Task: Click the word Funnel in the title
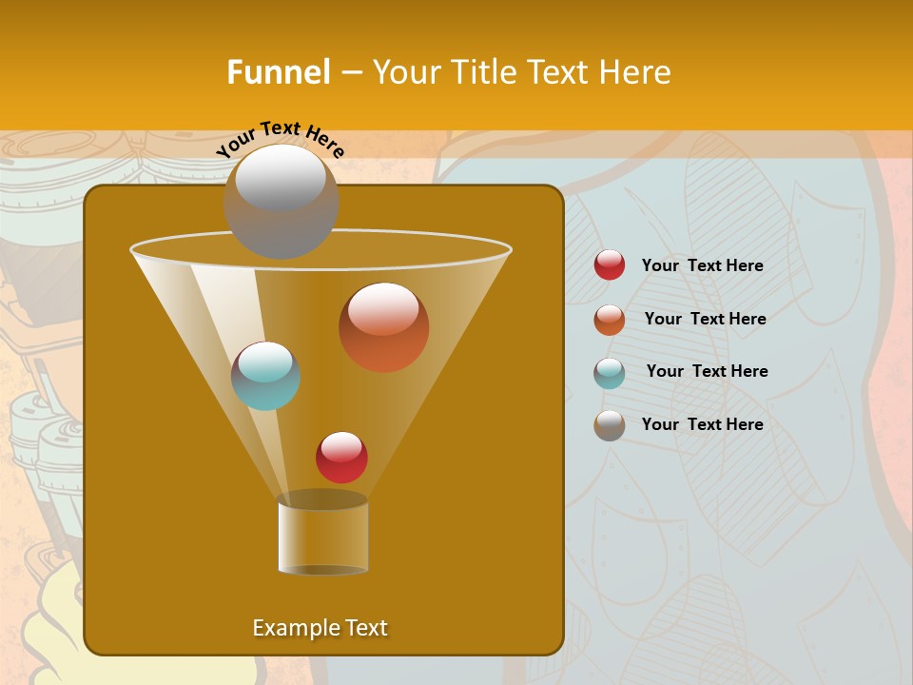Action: pyautogui.click(x=278, y=72)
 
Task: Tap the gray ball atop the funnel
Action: pyautogui.click(x=281, y=201)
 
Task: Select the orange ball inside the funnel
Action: pyautogui.click(x=383, y=327)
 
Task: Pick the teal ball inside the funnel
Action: pyautogui.click(x=265, y=376)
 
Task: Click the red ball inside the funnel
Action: pyautogui.click(x=341, y=458)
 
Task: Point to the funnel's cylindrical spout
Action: pyautogui.click(x=322, y=534)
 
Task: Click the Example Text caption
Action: pyautogui.click(x=320, y=628)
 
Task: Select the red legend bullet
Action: pyautogui.click(x=610, y=265)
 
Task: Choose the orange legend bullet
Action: pyautogui.click(x=610, y=320)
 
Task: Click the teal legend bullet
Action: pyautogui.click(x=610, y=373)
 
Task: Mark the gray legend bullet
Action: pyautogui.click(x=610, y=425)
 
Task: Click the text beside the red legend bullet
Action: pyautogui.click(x=702, y=266)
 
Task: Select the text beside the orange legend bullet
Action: pyautogui.click(x=705, y=320)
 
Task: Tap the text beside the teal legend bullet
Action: pyautogui.click(x=707, y=372)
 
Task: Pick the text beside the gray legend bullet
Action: pyautogui.click(x=702, y=424)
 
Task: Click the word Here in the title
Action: pyautogui.click(x=636, y=72)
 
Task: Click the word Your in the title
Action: pyautogui.click(x=403, y=72)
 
